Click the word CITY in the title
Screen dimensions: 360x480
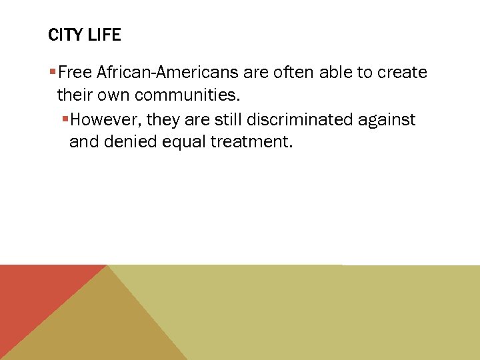tap(65, 35)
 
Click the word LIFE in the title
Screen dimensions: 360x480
tap(103, 35)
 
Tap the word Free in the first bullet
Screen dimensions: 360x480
tap(79, 73)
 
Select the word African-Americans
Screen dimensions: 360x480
tap(170, 73)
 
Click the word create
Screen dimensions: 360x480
tap(403, 73)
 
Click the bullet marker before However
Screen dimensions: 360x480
tap(65, 119)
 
